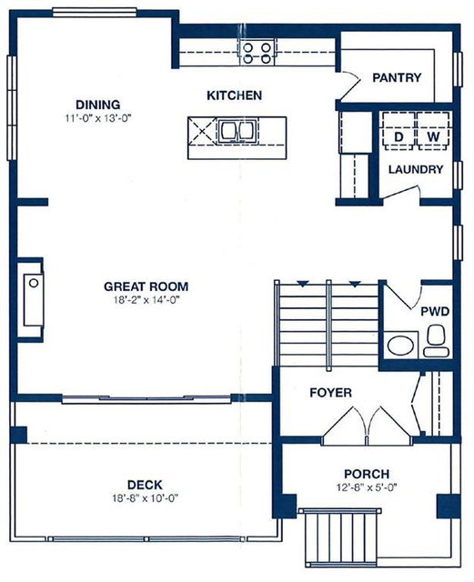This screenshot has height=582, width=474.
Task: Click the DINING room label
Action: (97, 105)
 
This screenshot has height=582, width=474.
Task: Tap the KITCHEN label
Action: (234, 95)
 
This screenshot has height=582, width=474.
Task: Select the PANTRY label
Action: (397, 77)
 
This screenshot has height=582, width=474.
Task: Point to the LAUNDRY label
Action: (416, 170)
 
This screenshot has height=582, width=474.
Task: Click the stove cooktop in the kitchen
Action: (257, 53)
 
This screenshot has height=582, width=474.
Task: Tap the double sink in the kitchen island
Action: (237, 130)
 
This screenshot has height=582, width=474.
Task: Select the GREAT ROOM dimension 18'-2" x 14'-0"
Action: (146, 300)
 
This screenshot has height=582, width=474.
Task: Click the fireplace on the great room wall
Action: (33, 299)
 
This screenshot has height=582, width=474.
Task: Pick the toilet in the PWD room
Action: (436, 341)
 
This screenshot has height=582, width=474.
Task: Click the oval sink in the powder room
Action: (400, 346)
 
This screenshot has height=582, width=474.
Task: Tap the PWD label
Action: (435, 312)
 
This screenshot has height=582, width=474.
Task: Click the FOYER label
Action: (330, 392)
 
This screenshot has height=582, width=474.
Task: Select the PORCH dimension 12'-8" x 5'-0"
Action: (367, 487)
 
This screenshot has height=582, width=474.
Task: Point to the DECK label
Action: (145, 485)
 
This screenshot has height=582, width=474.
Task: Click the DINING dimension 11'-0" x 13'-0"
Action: (99, 118)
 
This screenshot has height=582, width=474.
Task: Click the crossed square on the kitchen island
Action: (203, 130)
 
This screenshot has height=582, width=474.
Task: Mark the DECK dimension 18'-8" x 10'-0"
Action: (146, 498)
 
